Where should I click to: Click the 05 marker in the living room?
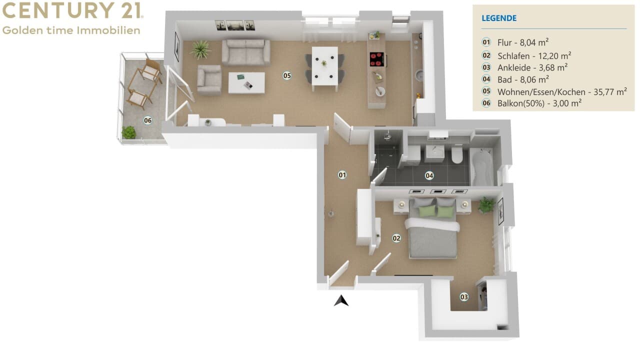[287, 75]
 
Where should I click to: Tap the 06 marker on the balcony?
[147, 120]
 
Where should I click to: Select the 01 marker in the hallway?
[342, 175]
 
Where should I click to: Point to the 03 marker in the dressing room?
[464, 297]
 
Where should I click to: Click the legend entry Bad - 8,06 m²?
[523, 79]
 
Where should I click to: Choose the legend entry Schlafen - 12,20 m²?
[534, 55]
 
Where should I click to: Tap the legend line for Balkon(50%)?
[539, 103]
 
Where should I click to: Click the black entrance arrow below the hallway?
[341, 301]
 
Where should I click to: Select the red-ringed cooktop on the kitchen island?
[377, 59]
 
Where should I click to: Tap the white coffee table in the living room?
[246, 83]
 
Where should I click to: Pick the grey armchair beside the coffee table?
[209, 80]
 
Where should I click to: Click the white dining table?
[325, 66]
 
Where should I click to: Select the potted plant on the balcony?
[129, 132]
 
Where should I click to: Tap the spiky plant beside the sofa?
[201, 49]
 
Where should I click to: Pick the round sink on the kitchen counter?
[419, 75]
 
